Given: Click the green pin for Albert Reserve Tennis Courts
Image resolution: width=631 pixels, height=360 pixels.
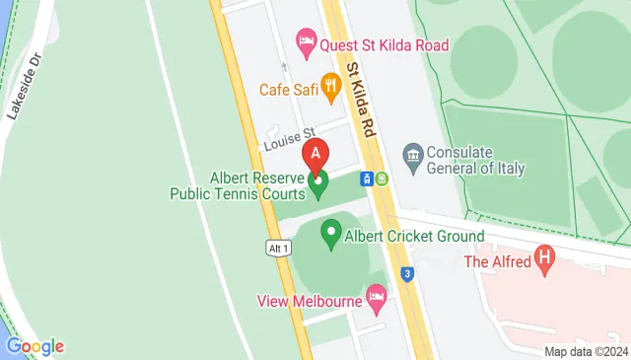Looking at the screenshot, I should tap(318, 181).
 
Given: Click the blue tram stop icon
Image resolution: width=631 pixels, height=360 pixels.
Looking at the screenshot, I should tap(365, 179).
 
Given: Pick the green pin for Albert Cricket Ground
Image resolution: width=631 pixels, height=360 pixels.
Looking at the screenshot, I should tap(331, 236).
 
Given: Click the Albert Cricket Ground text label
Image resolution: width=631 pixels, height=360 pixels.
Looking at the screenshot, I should tap(414, 237).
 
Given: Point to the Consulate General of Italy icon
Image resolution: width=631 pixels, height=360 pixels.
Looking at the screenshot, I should tap(413, 155).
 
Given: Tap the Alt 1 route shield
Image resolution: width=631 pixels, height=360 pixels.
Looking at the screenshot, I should tap(278, 249).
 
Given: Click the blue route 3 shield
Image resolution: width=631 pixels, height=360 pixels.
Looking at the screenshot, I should tap(406, 271).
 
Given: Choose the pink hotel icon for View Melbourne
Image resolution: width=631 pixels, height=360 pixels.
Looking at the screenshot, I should tap(375, 296).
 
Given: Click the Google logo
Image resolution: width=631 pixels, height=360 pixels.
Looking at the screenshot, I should tap(35, 345).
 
